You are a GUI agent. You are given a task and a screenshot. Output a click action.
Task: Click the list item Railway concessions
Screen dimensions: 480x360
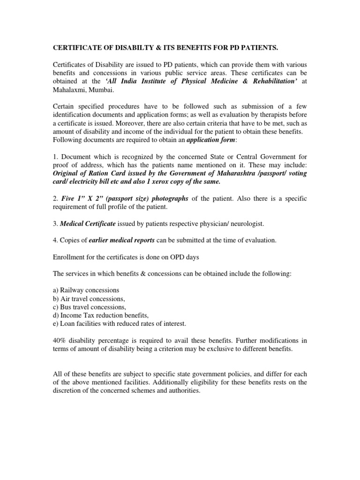[x=89, y=290]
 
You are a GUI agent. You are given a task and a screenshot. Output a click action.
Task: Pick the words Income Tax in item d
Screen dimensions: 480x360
[x=75, y=315]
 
